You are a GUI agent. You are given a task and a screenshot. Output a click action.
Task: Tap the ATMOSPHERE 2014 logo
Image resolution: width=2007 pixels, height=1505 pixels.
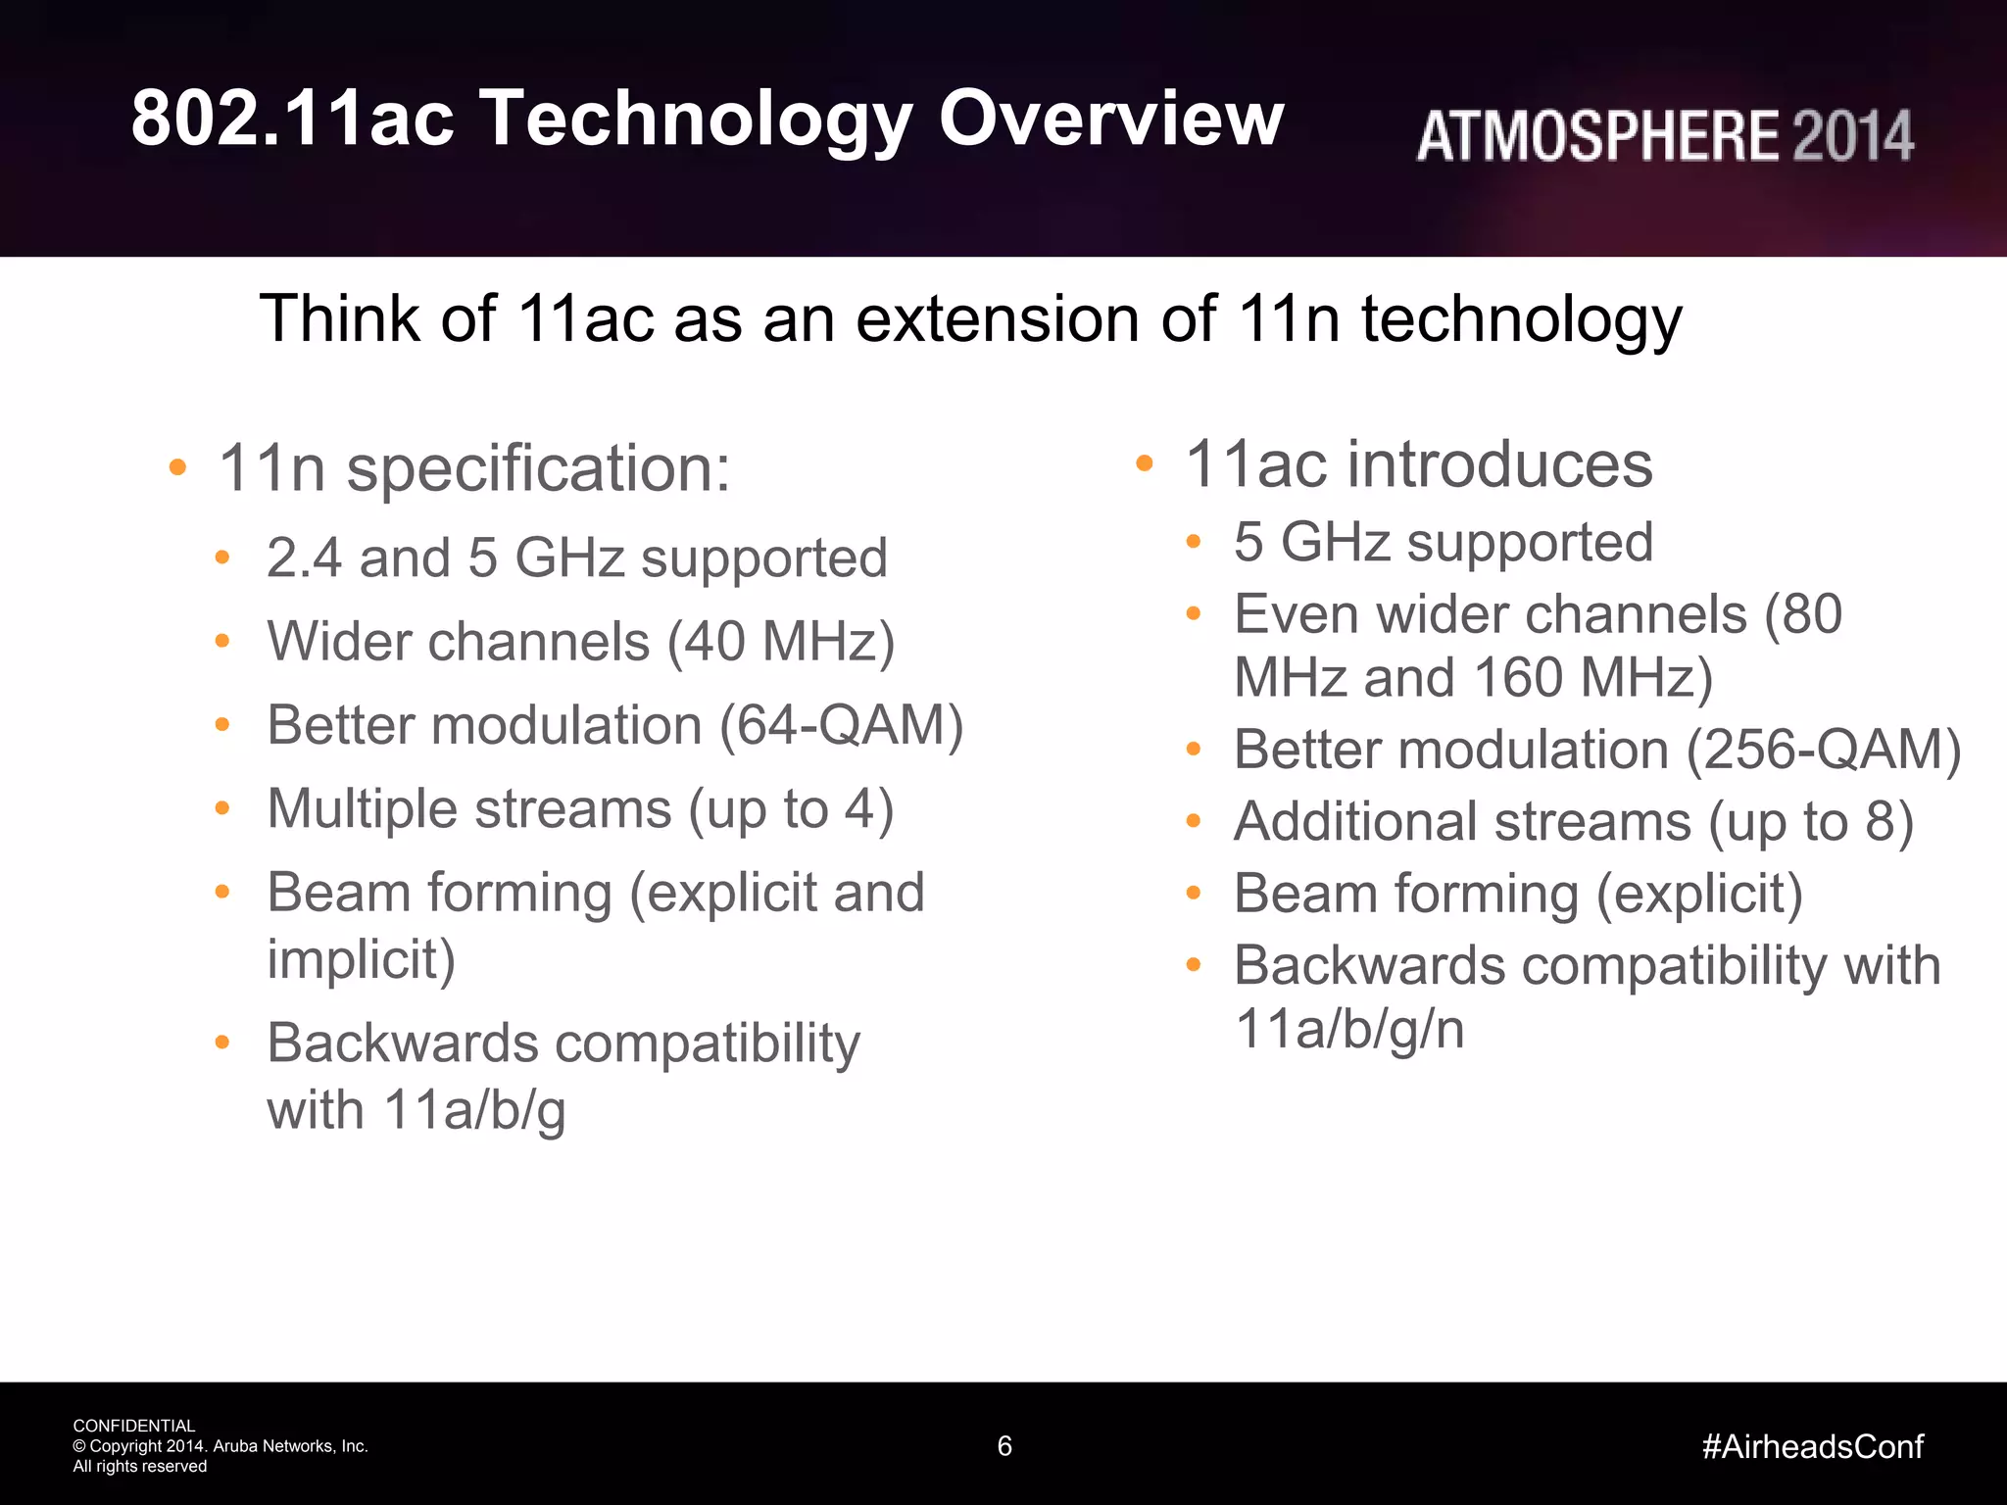tap(1664, 135)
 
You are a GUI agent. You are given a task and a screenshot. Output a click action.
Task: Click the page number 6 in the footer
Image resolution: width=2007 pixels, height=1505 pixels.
tap(1004, 1446)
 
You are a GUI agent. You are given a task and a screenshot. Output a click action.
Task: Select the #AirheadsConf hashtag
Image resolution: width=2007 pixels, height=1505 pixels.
tap(1813, 1446)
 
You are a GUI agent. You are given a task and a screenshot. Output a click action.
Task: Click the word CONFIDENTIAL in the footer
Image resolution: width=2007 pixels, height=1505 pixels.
tap(134, 1426)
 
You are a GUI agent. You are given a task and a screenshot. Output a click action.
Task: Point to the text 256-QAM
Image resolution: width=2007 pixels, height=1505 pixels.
tap(1823, 751)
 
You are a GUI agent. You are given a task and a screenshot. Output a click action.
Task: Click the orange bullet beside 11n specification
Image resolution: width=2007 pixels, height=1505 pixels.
tap(177, 467)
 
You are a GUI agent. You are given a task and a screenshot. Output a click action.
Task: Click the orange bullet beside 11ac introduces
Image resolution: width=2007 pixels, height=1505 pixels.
tap(1144, 463)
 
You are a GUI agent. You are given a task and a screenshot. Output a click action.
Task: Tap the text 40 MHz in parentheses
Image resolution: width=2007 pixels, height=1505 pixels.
tap(780, 643)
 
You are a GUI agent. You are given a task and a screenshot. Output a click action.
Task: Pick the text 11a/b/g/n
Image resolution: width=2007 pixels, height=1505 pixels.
tap(1349, 1029)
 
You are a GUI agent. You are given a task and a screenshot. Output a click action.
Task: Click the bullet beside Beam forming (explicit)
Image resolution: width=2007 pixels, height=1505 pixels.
tap(1193, 894)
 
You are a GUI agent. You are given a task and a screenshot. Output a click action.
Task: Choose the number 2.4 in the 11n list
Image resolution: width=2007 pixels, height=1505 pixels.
tap(304, 558)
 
